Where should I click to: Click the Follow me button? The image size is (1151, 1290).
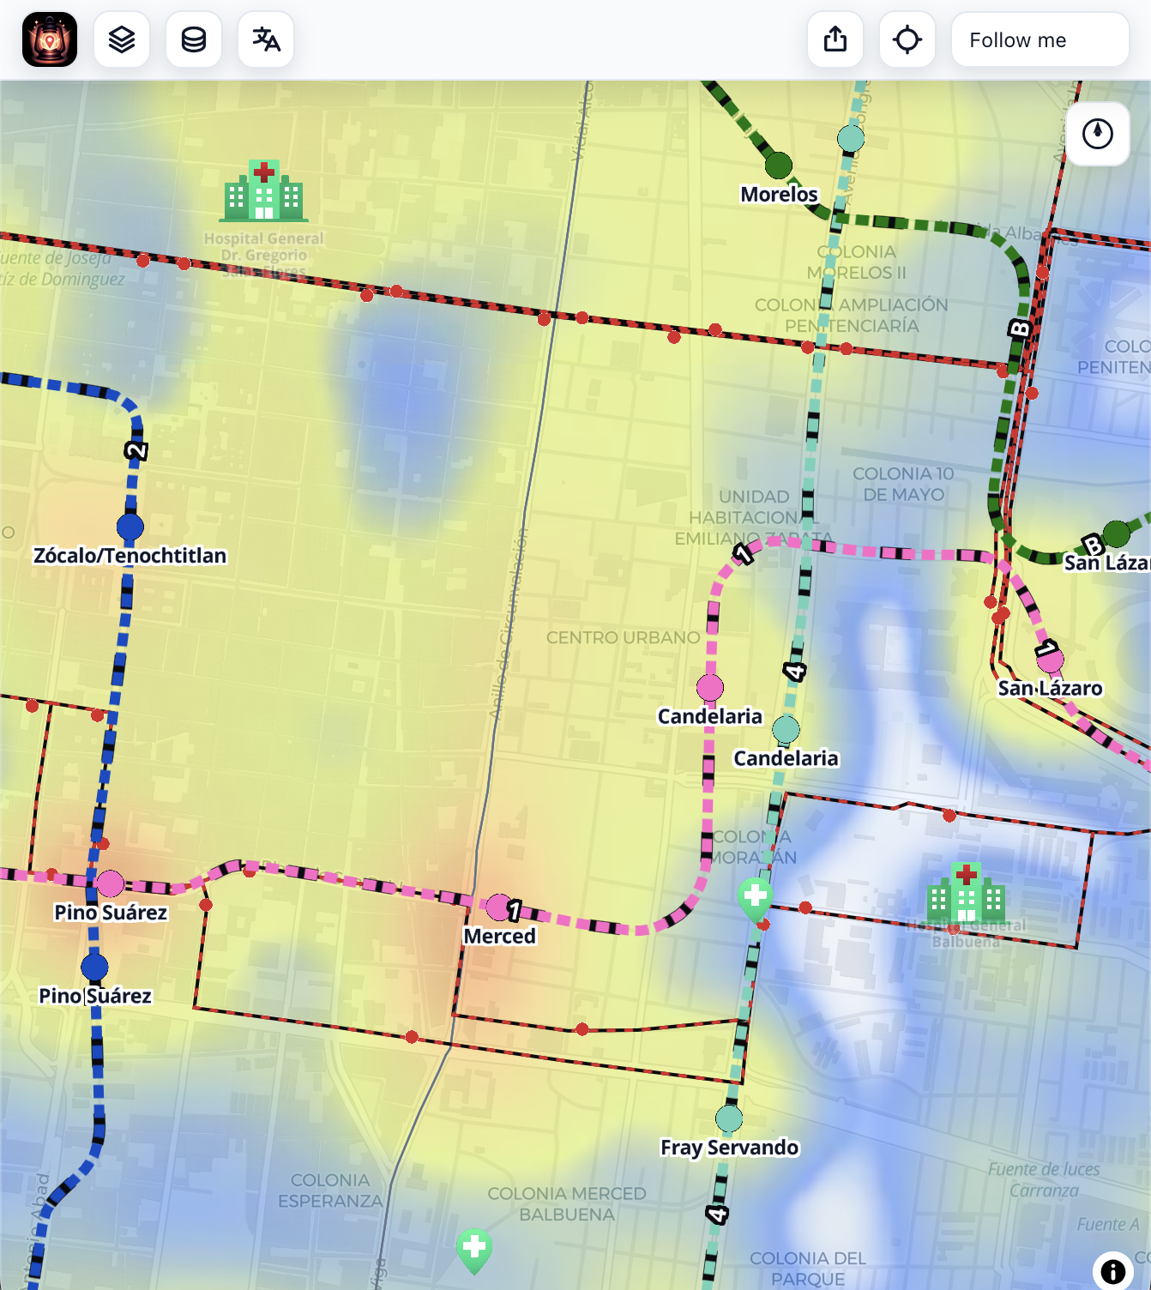click(1039, 40)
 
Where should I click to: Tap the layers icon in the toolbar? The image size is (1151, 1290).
click(122, 40)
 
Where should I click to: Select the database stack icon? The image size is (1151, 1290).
click(194, 40)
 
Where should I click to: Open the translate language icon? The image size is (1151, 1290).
click(266, 40)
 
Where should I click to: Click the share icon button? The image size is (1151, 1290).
click(835, 40)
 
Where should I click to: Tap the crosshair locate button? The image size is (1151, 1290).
click(907, 40)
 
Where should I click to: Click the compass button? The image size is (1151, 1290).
click(1097, 134)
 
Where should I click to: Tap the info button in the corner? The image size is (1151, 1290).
click(1112, 1271)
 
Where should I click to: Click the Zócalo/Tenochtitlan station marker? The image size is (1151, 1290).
click(130, 527)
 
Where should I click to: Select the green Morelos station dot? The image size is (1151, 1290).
click(778, 165)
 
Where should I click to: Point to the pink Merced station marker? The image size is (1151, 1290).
click(498, 907)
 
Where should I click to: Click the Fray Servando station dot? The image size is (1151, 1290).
click(729, 1118)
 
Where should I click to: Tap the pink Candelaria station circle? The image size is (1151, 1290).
click(710, 688)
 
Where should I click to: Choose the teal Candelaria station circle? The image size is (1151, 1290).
click(786, 730)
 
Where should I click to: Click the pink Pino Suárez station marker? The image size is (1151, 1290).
click(110, 883)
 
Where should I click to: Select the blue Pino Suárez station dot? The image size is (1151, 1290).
click(94, 967)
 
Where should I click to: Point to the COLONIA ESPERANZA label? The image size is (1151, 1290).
click(330, 1191)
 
